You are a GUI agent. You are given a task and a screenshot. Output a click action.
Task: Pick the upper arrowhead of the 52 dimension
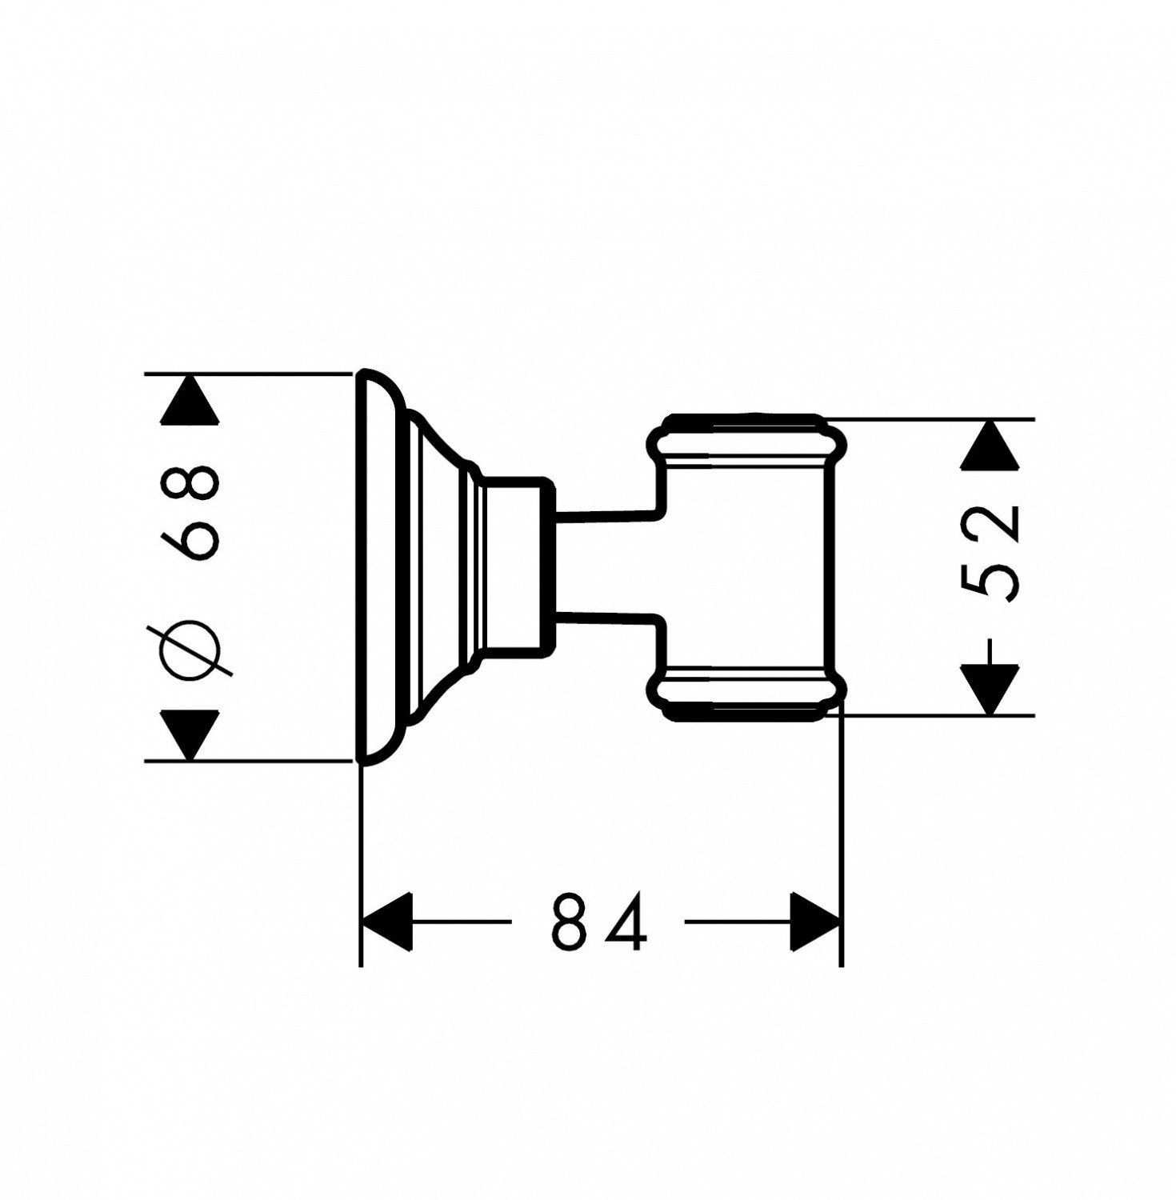coord(990,444)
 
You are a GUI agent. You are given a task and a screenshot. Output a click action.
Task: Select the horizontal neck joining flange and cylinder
coord(606,564)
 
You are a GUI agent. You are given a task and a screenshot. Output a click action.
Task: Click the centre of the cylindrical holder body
coord(746,566)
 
